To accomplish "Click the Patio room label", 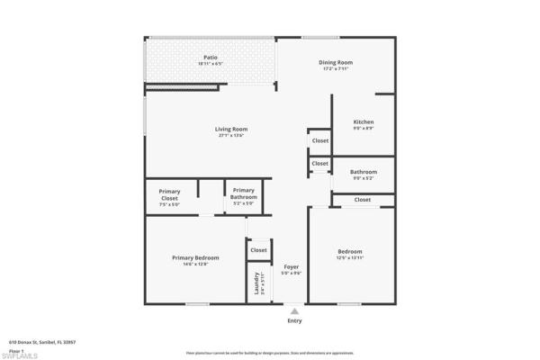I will (x=210, y=58).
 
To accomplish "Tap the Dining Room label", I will (x=336, y=62).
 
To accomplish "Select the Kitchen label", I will (x=364, y=121).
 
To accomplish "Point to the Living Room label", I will (x=230, y=129).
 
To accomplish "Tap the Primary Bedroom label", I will (x=195, y=257).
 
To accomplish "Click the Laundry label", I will (x=257, y=282).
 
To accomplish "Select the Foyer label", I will (x=291, y=266).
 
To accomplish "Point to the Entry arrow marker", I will (x=294, y=311).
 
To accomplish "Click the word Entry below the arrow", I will (x=294, y=321).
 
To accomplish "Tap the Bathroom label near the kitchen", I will (x=364, y=171).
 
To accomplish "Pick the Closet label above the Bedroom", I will (x=363, y=200).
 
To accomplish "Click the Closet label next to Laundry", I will (x=258, y=250).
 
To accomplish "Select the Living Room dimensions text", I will (x=230, y=136).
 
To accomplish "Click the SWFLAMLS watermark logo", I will (x=20, y=355).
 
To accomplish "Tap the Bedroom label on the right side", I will (x=350, y=251).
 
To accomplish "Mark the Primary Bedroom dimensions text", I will (x=195, y=265).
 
